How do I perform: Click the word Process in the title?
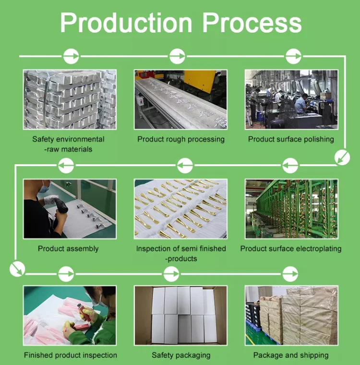click(x=252, y=23)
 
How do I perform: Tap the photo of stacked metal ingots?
click(x=70, y=99)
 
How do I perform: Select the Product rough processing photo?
click(x=180, y=99)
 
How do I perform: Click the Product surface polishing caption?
click(x=291, y=139)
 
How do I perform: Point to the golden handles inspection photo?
click(x=180, y=209)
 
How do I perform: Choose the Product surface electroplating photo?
click(x=291, y=209)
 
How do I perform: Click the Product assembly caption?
click(x=68, y=249)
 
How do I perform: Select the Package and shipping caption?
click(x=291, y=355)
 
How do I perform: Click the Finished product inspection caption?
click(x=70, y=355)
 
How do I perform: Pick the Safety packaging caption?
click(x=181, y=355)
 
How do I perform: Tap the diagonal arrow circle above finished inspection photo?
click(x=17, y=268)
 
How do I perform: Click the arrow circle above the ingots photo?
click(x=71, y=56)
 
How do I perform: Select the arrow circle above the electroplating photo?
click(x=290, y=166)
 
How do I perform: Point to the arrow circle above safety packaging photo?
click(x=171, y=274)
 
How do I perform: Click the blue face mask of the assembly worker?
click(x=44, y=189)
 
